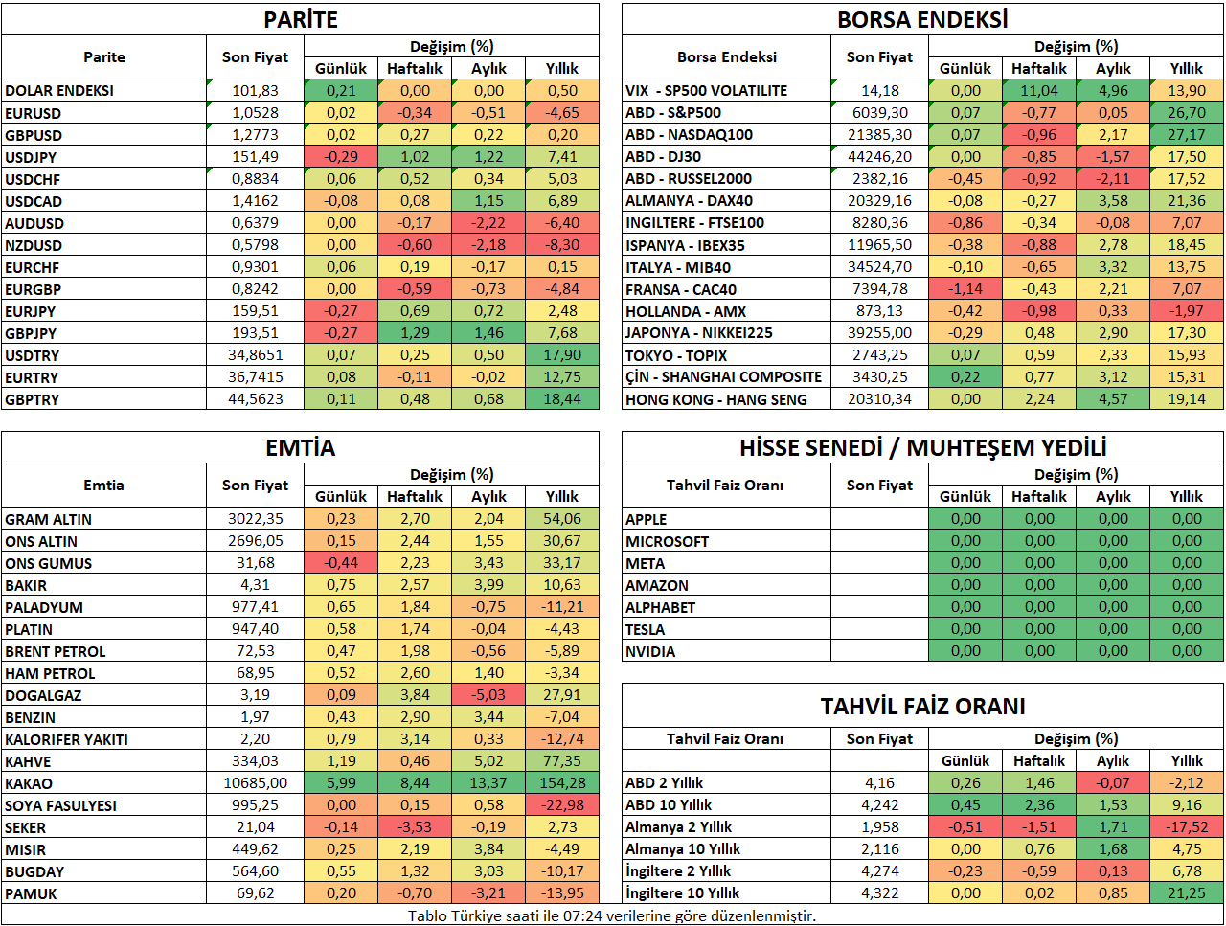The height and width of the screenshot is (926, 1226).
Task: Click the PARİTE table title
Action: (301, 20)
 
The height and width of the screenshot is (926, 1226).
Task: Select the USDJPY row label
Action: (31, 157)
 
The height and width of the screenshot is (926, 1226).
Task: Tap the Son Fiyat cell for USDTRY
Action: (255, 355)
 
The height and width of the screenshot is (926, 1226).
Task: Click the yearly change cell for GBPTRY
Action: (562, 399)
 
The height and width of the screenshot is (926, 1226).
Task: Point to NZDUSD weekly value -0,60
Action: (415, 245)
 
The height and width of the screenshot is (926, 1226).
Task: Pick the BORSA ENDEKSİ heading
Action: (922, 20)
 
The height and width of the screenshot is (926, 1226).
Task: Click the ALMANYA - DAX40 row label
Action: (689, 201)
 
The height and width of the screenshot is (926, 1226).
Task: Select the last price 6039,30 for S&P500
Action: (879, 113)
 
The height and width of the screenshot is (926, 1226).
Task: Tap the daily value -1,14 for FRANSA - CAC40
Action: (965, 289)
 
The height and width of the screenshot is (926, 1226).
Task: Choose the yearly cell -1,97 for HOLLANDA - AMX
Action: (1187, 311)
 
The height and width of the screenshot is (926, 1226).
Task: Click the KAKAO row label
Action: (29, 783)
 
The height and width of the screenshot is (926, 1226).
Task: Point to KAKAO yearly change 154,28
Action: (562, 783)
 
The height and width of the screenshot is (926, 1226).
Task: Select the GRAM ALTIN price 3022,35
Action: (255, 519)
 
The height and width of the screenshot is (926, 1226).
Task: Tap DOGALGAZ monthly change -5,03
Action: (488, 695)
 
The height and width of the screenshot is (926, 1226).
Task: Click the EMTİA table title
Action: (301, 448)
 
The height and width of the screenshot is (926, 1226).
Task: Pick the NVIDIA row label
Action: (650, 652)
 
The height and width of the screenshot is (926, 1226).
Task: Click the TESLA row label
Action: (646, 629)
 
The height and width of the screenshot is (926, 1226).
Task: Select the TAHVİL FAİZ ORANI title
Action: (922, 707)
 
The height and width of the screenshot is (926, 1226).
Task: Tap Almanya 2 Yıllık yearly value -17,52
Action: (1187, 827)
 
